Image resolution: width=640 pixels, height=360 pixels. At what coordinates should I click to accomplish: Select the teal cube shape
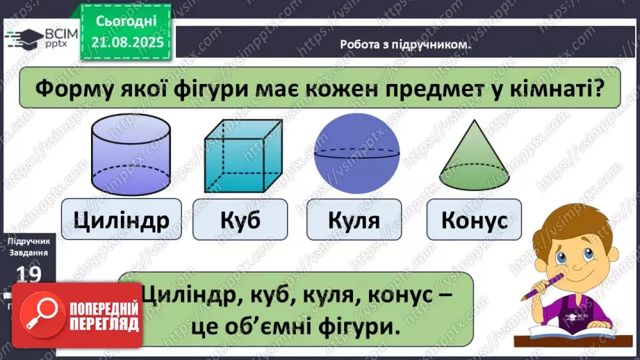(x=243, y=156)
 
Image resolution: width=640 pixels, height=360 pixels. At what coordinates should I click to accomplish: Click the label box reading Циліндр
(x=121, y=220)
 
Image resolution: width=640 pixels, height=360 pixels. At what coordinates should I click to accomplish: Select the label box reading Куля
(x=354, y=220)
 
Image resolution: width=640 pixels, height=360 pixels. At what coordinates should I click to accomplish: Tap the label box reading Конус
(x=474, y=220)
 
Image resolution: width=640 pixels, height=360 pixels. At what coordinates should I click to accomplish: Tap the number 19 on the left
(x=28, y=274)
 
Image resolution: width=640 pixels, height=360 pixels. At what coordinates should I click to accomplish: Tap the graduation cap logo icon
(x=24, y=36)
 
